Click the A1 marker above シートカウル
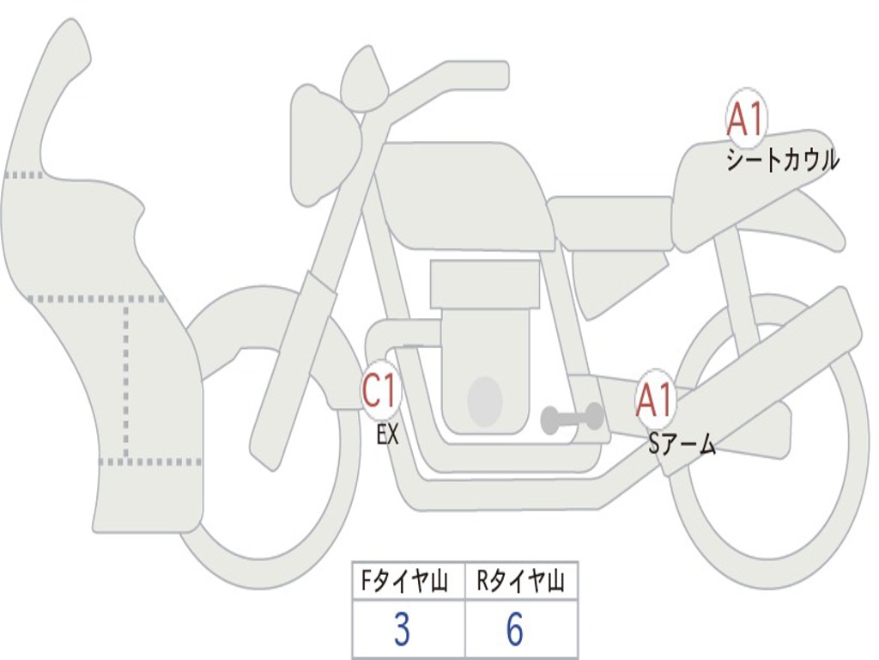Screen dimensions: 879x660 (745, 119)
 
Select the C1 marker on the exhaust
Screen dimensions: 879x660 (380, 391)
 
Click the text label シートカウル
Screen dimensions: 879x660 (782, 161)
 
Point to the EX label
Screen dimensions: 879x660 (388, 435)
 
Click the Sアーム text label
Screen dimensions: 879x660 (682, 445)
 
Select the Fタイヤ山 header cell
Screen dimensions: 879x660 (408, 583)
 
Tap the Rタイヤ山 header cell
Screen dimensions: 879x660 (520, 583)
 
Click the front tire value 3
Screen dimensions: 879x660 (402, 630)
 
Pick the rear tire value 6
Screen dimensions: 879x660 (515, 630)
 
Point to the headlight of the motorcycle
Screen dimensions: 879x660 (323, 142)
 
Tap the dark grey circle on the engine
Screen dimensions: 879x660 (484, 400)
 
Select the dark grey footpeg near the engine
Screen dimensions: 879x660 (572, 419)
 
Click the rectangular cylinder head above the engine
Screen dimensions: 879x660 (485, 284)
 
